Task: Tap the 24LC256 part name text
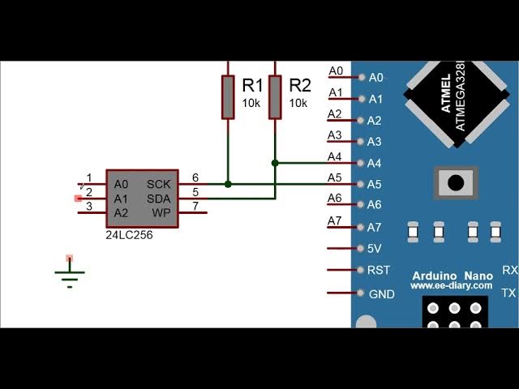(x=129, y=235)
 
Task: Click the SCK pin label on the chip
(x=159, y=184)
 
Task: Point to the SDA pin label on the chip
(x=159, y=199)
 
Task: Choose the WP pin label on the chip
(x=162, y=213)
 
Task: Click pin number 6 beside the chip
(x=195, y=177)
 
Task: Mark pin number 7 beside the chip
(x=195, y=207)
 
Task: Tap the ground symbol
(x=70, y=276)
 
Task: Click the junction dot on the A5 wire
(x=228, y=184)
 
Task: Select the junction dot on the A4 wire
(x=276, y=163)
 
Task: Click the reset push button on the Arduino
(x=455, y=182)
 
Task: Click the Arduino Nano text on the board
(x=452, y=276)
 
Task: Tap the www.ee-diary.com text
(x=452, y=286)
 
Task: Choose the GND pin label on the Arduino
(x=382, y=294)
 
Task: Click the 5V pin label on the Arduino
(x=375, y=249)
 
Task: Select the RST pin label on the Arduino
(x=379, y=271)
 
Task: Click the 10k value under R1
(x=251, y=104)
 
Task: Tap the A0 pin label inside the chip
(x=121, y=184)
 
